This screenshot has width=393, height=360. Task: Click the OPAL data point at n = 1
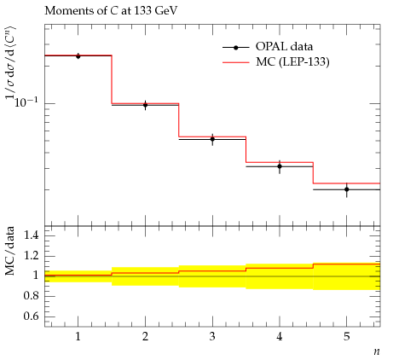78,56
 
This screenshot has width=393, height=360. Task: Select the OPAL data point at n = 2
145,105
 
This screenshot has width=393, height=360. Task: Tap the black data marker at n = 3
212,139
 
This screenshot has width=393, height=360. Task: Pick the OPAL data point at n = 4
280,166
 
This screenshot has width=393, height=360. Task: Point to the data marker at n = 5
347,189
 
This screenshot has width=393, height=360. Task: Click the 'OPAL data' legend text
284,47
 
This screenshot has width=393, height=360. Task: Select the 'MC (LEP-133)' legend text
292,61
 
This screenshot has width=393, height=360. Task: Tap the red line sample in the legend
236,62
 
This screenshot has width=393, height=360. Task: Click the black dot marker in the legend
236,48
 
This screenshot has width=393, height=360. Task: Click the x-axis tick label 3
212,337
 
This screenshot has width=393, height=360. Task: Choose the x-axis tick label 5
347,337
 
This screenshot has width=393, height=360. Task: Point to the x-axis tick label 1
78,337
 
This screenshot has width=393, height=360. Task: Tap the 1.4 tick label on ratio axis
32,235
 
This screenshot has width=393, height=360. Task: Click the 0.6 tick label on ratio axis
32,316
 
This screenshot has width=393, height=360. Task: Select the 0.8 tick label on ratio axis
32,296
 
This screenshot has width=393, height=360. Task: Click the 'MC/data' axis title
9,251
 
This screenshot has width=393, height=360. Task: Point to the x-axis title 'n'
377,351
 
